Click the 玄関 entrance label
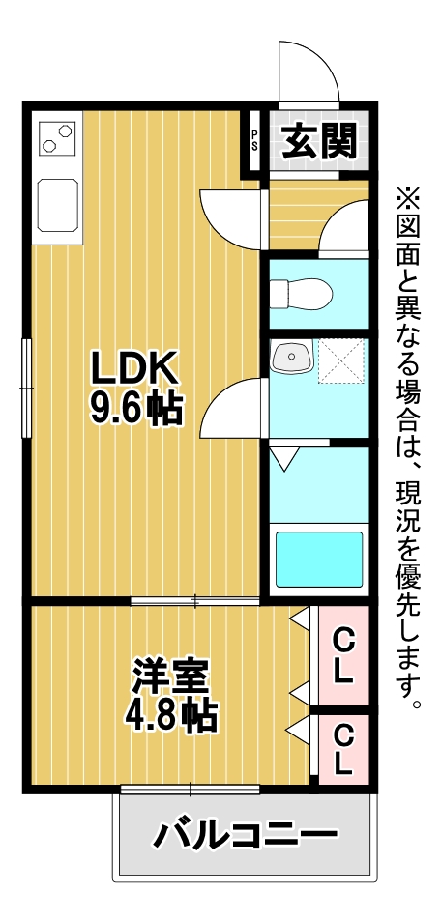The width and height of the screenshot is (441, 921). tap(320, 142)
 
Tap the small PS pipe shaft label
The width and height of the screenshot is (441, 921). tap(254, 141)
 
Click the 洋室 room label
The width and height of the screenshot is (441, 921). tap(171, 677)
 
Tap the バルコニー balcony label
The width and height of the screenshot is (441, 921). tap(246, 835)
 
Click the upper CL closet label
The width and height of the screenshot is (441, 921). tap(342, 655)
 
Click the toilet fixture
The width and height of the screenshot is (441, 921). tap(301, 293)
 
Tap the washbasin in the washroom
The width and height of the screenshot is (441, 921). tap(292, 358)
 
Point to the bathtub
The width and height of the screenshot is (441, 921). tap(320, 559)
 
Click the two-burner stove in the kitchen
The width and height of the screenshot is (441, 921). tap(57, 138)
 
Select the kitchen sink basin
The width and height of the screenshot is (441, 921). tap(58, 206)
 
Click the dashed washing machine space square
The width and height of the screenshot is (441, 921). tap(341, 360)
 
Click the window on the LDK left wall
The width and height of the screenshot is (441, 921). tap(26, 389)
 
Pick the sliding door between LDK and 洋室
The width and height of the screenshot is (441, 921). tap(194, 600)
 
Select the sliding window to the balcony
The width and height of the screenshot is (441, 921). tap(190, 789)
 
